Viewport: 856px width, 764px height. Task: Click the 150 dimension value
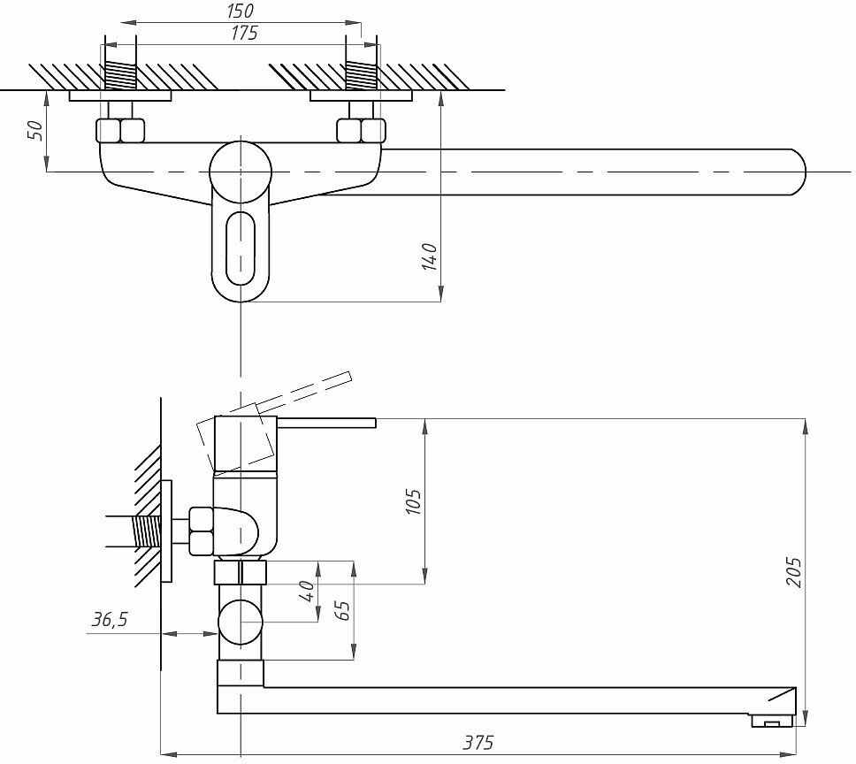(x=240, y=11)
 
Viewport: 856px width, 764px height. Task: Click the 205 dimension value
(x=793, y=573)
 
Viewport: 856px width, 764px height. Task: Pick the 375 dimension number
(x=479, y=741)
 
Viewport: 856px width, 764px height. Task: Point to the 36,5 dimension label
(x=110, y=620)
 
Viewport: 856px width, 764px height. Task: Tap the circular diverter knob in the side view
(x=241, y=622)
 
